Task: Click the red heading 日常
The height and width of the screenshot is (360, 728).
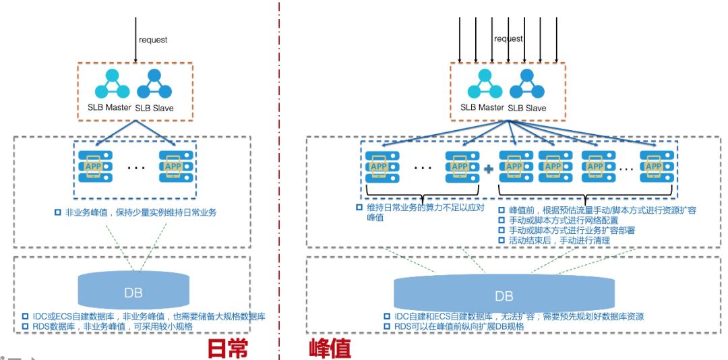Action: (x=227, y=347)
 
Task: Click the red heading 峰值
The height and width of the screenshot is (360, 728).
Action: (x=330, y=347)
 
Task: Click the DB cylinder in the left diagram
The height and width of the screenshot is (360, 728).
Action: (x=133, y=291)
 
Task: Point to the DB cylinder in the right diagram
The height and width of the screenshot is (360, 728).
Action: (x=504, y=295)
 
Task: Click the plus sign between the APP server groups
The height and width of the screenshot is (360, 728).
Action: (x=489, y=169)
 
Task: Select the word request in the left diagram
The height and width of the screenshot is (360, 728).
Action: (x=153, y=40)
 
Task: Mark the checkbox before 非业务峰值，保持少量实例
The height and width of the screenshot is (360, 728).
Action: (x=57, y=212)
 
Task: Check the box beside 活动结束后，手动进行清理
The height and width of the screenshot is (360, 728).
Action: (x=502, y=240)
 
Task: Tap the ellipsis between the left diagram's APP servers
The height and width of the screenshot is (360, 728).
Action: (x=133, y=167)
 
